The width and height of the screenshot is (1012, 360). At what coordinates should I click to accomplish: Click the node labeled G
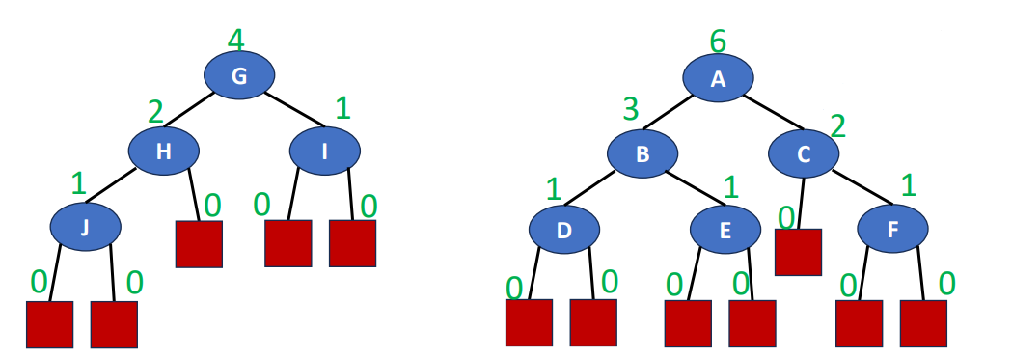(x=239, y=77)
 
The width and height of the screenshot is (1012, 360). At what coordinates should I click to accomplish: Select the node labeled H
(x=164, y=152)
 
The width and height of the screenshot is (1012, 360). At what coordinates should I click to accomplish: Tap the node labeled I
(x=325, y=152)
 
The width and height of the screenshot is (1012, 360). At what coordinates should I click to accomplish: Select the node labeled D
(x=564, y=229)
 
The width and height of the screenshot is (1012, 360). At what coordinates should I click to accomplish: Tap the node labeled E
(x=725, y=229)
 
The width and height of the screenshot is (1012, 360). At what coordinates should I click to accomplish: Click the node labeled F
(x=893, y=229)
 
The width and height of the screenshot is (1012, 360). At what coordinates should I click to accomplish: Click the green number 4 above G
(x=236, y=41)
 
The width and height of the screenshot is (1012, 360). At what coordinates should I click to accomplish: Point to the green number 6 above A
(x=717, y=42)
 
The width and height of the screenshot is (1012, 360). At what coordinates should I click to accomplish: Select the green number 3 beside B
(x=630, y=109)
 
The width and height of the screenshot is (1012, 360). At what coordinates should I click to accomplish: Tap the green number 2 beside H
(x=155, y=112)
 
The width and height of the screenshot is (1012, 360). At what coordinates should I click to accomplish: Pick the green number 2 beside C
(x=837, y=125)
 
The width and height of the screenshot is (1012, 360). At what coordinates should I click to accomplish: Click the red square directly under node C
(x=798, y=252)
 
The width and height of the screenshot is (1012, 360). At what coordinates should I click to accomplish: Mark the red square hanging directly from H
(x=199, y=244)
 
